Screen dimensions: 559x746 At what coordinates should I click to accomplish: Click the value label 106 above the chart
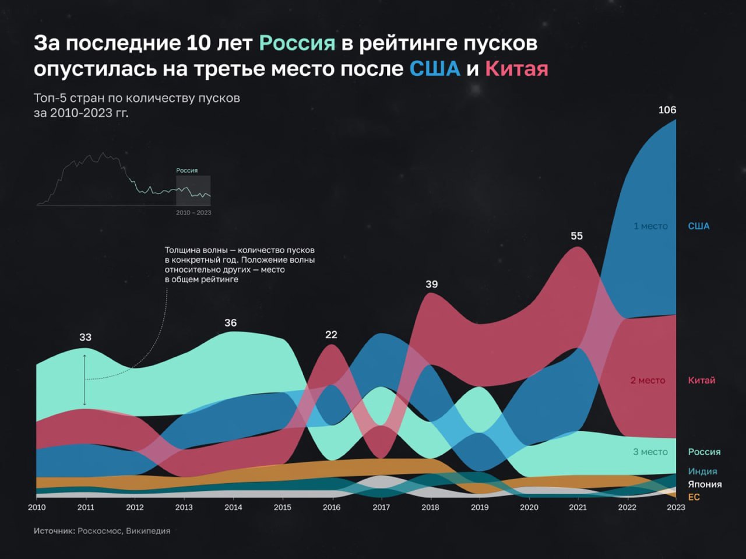click(x=667, y=110)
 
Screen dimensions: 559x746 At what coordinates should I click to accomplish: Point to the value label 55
click(x=576, y=236)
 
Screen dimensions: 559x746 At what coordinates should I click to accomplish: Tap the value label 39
click(x=431, y=284)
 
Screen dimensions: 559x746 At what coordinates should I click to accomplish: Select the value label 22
click(x=331, y=335)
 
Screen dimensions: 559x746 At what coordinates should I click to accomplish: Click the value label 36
click(x=231, y=323)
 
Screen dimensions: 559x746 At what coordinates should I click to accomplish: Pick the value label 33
click(x=85, y=337)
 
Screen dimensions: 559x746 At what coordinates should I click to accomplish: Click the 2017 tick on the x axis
click(x=381, y=507)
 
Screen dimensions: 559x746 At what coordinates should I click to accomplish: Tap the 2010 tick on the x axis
click(x=37, y=507)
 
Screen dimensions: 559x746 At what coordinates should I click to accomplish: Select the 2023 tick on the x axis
click(x=676, y=507)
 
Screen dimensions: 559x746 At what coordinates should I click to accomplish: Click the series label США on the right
click(x=699, y=226)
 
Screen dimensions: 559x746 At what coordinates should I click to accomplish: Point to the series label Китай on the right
click(x=701, y=381)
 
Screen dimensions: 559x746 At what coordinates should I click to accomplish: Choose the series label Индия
click(x=702, y=472)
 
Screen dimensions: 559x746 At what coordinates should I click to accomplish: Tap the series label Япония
click(x=705, y=484)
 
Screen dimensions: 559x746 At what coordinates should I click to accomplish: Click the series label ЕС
click(x=694, y=497)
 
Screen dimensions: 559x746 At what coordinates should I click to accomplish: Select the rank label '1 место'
click(x=650, y=226)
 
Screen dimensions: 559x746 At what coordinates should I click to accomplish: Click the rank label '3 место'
click(x=650, y=452)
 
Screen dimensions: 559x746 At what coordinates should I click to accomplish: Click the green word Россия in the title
click(x=297, y=43)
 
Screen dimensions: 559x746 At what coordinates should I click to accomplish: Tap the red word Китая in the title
click(x=516, y=69)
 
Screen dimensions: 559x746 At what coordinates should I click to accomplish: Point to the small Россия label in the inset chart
click(x=187, y=171)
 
